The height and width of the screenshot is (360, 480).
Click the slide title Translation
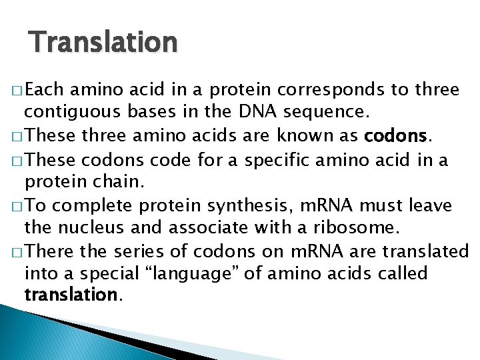click(103, 42)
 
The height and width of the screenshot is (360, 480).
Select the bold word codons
click(395, 137)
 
